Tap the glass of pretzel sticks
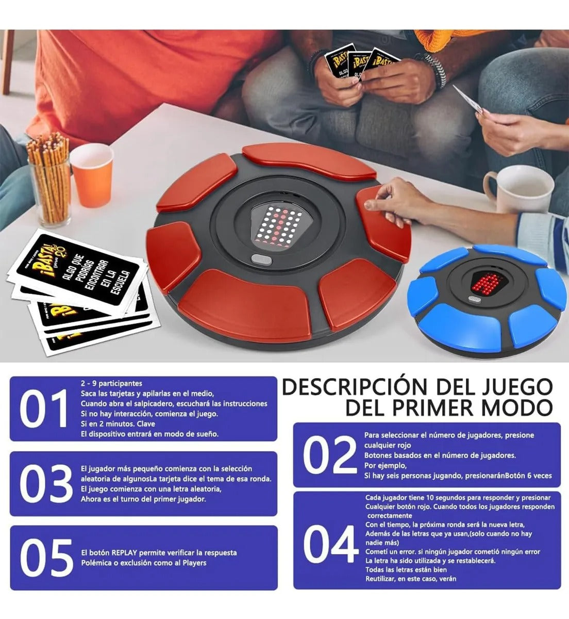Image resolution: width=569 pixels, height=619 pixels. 49,181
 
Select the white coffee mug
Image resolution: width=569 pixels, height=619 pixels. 517,188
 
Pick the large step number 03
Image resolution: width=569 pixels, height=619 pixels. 46,484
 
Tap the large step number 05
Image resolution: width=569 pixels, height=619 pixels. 46,558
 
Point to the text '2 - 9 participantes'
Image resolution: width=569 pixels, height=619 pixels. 111,383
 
